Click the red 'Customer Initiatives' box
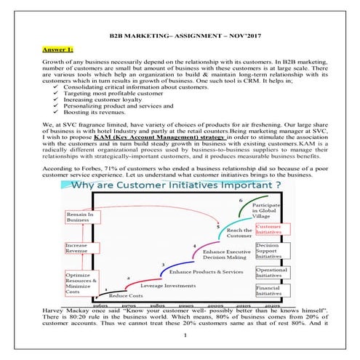click(269, 231)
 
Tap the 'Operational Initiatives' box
click(269, 272)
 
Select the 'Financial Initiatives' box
click(269, 290)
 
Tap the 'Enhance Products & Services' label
click(207, 271)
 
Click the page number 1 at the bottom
click(185, 335)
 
